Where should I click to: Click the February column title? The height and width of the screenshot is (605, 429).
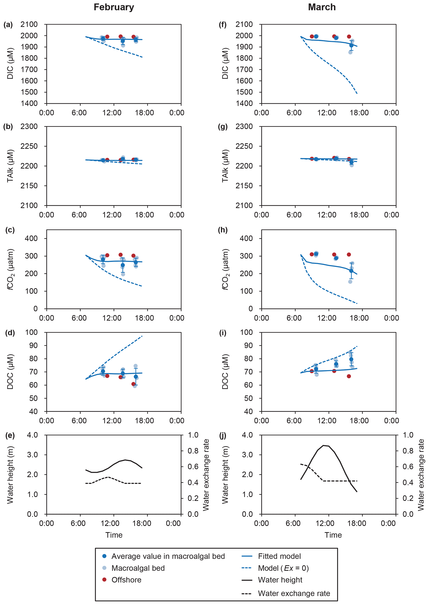[114, 7]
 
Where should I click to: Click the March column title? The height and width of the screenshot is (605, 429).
[322, 7]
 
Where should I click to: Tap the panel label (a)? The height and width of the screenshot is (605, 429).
[8, 25]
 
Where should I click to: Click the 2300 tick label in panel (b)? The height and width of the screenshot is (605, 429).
[29, 127]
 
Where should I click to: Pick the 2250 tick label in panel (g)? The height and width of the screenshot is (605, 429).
[244, 146]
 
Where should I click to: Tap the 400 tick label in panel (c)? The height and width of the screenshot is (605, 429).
[31, 238]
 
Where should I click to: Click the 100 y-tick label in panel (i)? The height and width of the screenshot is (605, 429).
[246, 332]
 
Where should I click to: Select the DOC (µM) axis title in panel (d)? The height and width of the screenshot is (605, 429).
[10, 372]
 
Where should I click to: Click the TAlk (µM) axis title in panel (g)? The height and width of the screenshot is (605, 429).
[225, 166]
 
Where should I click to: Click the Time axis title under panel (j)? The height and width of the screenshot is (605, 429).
[333, 535]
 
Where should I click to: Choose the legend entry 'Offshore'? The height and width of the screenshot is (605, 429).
[126, 580]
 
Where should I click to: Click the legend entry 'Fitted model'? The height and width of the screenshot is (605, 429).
[279, 556]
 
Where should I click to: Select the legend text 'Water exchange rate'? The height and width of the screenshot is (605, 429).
[294, 593]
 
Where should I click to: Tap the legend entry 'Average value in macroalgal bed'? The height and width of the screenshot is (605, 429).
[168, 556]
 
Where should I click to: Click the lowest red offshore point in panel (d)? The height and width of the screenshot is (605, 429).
[133, 384]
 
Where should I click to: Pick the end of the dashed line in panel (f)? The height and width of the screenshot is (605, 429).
[357, 93]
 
